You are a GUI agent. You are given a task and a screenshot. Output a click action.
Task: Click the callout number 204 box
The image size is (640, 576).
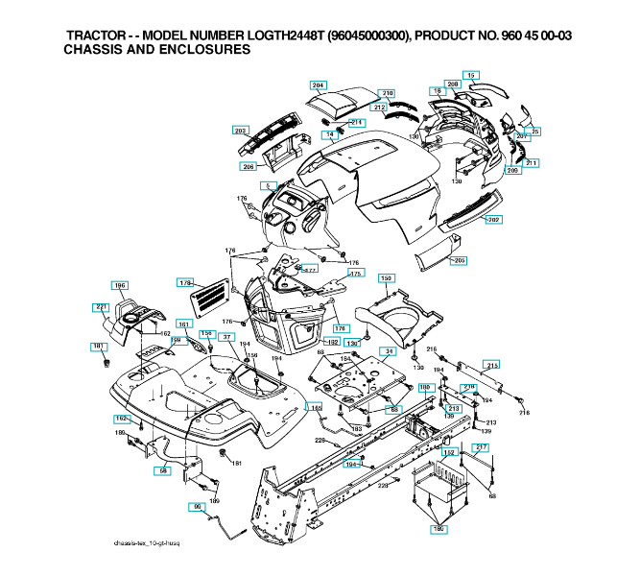(319, 84)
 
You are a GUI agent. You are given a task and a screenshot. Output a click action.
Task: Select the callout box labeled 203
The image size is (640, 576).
(240, 130)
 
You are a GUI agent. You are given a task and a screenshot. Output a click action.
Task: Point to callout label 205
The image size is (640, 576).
(460, 261)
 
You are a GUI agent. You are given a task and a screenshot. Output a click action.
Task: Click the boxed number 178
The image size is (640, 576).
(186, 283)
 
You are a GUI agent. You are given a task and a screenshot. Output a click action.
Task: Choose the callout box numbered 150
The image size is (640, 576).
(387, 278)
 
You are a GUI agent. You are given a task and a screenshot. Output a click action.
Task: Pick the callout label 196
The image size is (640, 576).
(120, 285)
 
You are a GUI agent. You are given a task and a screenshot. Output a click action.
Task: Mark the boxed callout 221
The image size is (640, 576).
(100, 306)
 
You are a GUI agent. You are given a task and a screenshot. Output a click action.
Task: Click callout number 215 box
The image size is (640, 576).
(492, 366)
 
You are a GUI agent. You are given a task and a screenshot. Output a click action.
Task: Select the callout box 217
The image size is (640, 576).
(482, 447)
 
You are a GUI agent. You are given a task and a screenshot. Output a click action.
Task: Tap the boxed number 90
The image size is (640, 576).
(198, 506)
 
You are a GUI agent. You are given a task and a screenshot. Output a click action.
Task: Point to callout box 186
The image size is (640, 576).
(439, 529)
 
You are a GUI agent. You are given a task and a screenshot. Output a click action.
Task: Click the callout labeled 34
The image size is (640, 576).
(389, 352)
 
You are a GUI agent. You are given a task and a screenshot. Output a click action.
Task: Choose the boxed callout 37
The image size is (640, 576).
(226, 337)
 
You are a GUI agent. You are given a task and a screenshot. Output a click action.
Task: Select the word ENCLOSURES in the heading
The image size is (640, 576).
(200, 49)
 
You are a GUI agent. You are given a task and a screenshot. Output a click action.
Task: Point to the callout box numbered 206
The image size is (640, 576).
(248, 167)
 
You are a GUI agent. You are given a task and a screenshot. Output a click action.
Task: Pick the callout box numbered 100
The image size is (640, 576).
(423, 387)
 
